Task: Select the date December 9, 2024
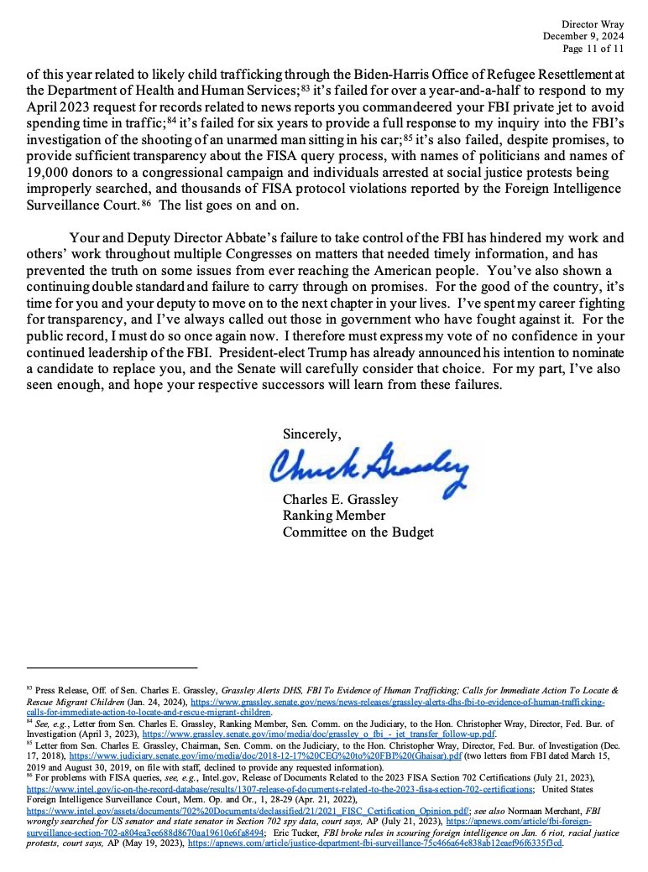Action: (583, 36)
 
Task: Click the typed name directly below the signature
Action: (340, 500)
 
